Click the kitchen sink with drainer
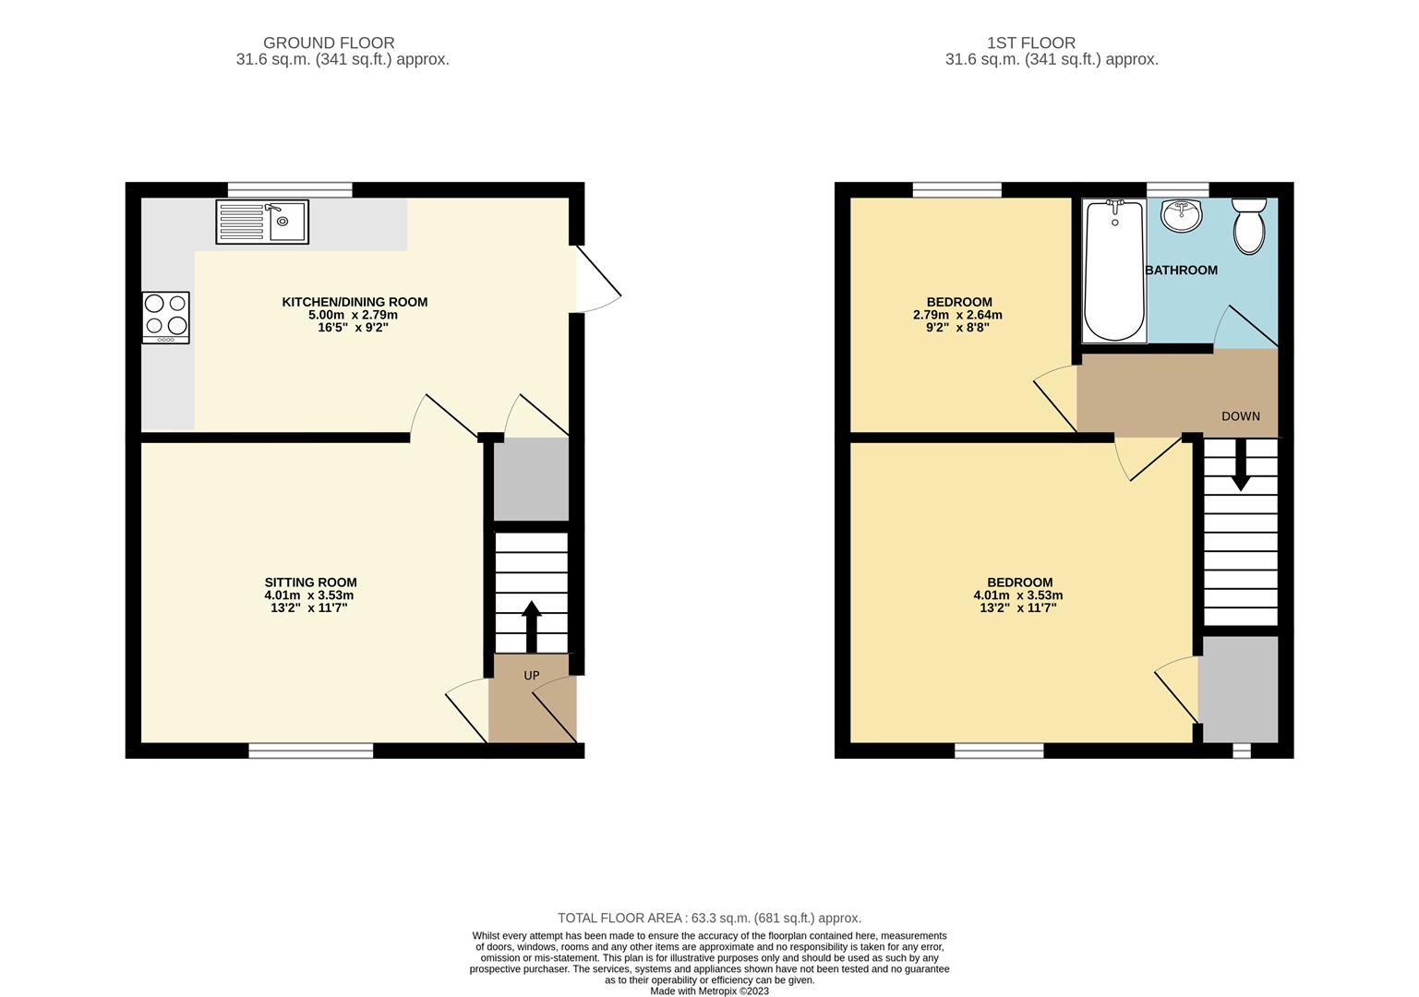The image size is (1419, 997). [x=262, y=222]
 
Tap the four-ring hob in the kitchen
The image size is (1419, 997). [x=166, y=318]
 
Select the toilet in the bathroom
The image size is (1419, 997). [x=1249, y=226]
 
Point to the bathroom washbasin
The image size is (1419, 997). [x=1182, y=216]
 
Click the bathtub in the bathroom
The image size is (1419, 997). [x=1114, y=270]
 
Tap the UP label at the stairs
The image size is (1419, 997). [x=532, y=675]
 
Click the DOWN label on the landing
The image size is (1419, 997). [x=1241, y=416]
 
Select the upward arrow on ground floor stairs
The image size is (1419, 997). [x=532, y=627]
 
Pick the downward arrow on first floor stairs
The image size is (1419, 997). [x=1241, y=464]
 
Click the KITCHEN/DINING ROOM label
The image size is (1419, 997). [x=355, y=302]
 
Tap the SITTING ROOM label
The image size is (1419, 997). [x=310, y=583]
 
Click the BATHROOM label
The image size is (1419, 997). [x=1182, y=270]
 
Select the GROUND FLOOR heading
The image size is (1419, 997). [x=329, y=42]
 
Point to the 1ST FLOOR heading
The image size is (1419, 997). [x=1031, y=42]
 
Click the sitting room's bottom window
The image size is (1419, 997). [x=310, y=751]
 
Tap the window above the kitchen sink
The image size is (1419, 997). [x=290, y=189]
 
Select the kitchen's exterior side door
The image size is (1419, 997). [x=598, y=279]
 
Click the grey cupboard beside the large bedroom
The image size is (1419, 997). [x=1241, y=689]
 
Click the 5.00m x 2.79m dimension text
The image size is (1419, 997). [x=353, y=315]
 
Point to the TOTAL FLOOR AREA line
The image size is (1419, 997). [x=709, y=918]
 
